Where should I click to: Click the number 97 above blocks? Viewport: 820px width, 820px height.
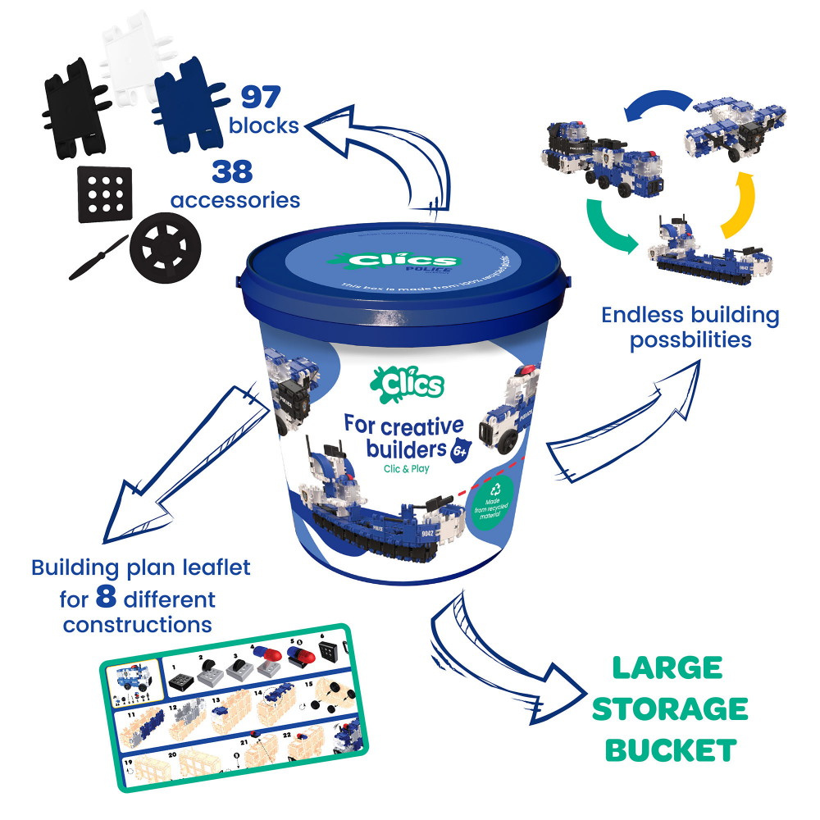(x=260, y=97)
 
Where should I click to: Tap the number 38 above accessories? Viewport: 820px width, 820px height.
(x=233, y=172)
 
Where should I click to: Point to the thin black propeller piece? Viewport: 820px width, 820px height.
(x=98, y=258)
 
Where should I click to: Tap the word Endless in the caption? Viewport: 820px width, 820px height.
(x=636, y=316)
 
